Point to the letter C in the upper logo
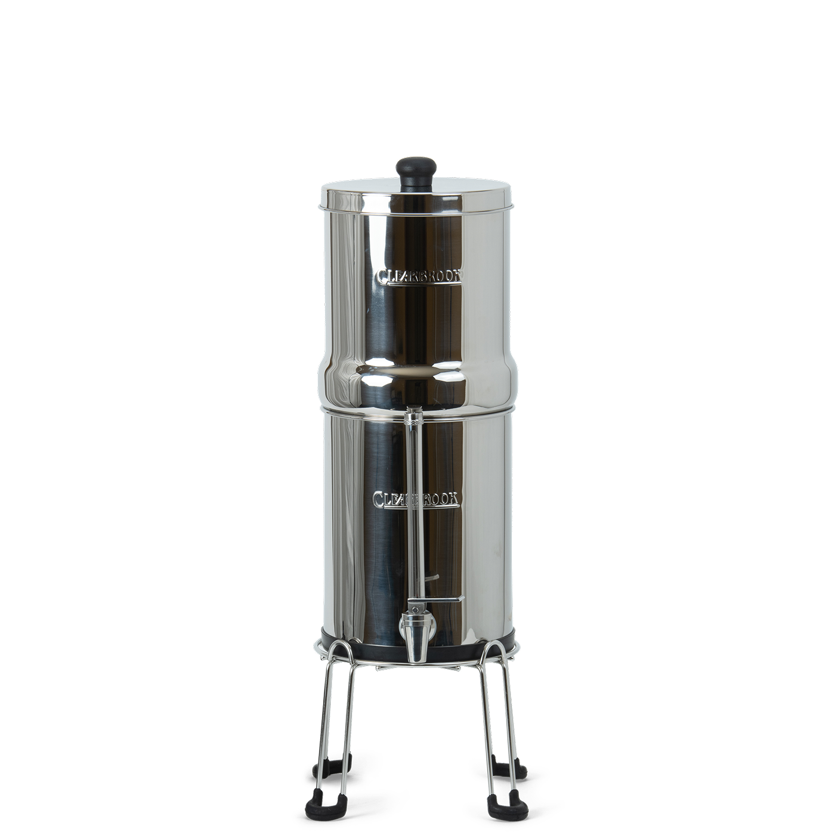tap(382, 277)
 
